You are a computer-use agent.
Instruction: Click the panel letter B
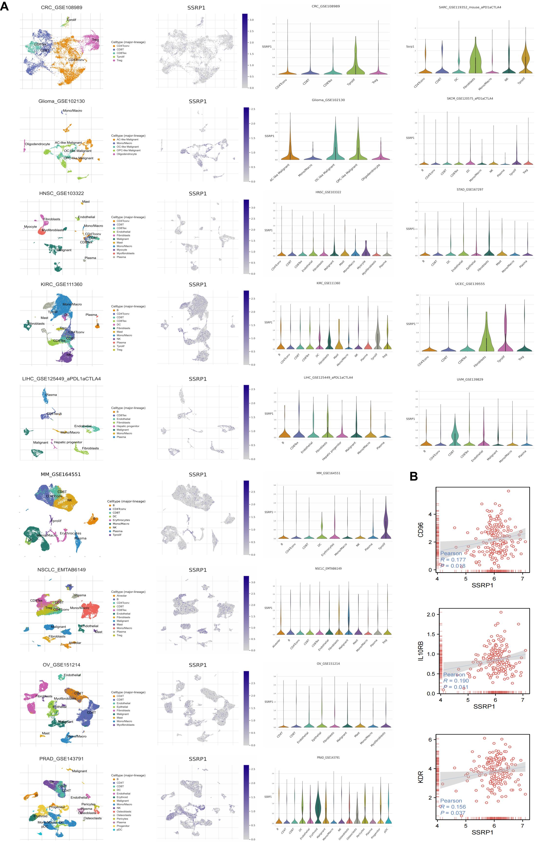tap(414, 476)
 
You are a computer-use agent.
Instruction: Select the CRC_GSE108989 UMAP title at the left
tap(61, 7)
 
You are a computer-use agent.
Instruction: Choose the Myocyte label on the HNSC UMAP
tap(30, 227)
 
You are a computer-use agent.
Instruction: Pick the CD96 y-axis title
tap(421, 530)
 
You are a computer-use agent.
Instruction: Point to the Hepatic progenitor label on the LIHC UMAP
tap(68, 442)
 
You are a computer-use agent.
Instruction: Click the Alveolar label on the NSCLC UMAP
tap(75, 643)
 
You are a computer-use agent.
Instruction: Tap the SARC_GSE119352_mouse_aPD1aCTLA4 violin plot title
tap(470, 7)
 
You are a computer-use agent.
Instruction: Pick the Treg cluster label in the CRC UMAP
tap(95, 40)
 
